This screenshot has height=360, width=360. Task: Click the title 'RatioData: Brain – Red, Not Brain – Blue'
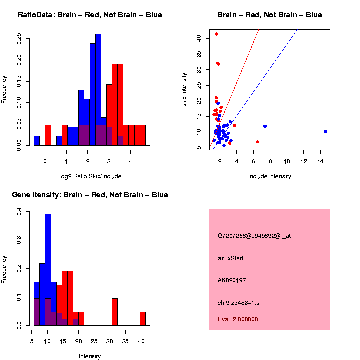90,15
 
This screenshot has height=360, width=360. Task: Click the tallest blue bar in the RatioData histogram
98,90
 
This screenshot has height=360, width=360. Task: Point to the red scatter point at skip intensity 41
216,34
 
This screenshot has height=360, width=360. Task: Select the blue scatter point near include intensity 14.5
325,132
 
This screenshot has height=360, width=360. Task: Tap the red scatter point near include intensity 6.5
257,142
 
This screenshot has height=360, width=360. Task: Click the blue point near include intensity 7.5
265,126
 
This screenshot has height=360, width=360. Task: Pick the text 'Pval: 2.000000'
238,319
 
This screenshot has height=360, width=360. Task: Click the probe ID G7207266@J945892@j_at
254,236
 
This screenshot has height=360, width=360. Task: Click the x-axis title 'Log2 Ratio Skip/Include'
90,176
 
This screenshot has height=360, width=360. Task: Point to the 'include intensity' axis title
269,176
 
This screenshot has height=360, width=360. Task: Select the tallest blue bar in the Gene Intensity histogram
48,270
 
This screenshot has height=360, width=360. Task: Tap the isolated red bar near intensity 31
114,312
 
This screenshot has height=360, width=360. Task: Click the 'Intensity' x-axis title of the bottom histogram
90,356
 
